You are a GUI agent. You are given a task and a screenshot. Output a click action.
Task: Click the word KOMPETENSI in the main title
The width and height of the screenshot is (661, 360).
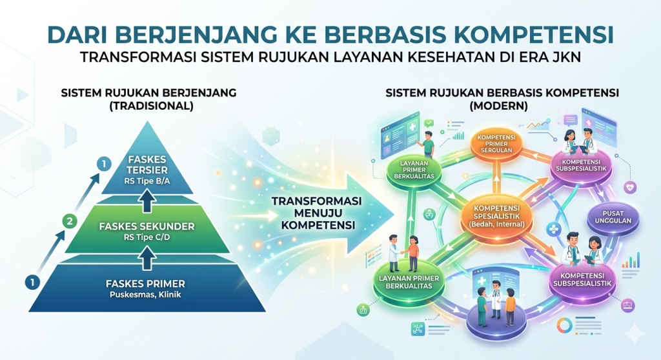click(x=517, y=35)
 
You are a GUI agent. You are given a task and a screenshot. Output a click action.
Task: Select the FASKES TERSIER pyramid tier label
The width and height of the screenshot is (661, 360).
click(x=147, y=165)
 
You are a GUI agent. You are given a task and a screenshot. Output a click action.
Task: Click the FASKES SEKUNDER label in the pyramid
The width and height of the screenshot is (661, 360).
click(x=147, y=226)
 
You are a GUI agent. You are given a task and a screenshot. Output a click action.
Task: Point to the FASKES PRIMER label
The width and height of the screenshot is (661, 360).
click(x=145, y=284)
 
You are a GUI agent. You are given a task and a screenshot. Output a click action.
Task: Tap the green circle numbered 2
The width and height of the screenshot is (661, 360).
click(x=70, y=221)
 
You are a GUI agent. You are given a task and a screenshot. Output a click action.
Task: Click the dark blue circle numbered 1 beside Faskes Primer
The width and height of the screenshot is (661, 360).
click(x=32, y=282)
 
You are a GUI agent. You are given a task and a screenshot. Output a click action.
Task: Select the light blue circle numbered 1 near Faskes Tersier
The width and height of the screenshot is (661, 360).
click(x=104, y=164)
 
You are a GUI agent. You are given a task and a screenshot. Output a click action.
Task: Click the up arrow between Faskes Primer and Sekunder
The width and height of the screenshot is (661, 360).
click(x=147, y=257)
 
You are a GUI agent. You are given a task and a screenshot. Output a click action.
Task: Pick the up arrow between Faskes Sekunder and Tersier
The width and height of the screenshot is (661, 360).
click(x=147, y=200)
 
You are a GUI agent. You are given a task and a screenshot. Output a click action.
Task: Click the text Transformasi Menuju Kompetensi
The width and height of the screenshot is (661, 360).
click(x=316, y=213)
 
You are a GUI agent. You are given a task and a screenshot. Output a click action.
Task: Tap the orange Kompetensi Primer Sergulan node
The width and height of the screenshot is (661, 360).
click(x=496, y=145)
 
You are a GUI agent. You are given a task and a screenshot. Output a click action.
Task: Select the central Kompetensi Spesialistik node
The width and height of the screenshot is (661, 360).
click(x=496, y=216)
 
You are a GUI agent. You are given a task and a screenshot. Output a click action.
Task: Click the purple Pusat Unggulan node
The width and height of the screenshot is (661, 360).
click(x=613, y=217)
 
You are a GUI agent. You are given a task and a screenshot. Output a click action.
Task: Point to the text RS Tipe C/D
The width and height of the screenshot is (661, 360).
click(x=147, y=237)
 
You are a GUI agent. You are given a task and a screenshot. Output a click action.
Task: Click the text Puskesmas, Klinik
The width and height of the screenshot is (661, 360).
click(x=145, y=295)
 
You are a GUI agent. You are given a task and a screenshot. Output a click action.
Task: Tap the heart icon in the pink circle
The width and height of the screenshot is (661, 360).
click(x=630, y=187)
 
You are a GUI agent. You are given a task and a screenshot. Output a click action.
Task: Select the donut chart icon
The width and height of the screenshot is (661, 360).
click(x=564, y=325)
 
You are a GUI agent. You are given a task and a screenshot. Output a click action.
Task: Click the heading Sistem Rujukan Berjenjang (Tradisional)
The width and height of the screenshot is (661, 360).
click(x=149, y=99)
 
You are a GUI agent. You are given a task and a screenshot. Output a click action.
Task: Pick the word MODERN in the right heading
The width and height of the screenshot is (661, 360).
click(x=499, y=105)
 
